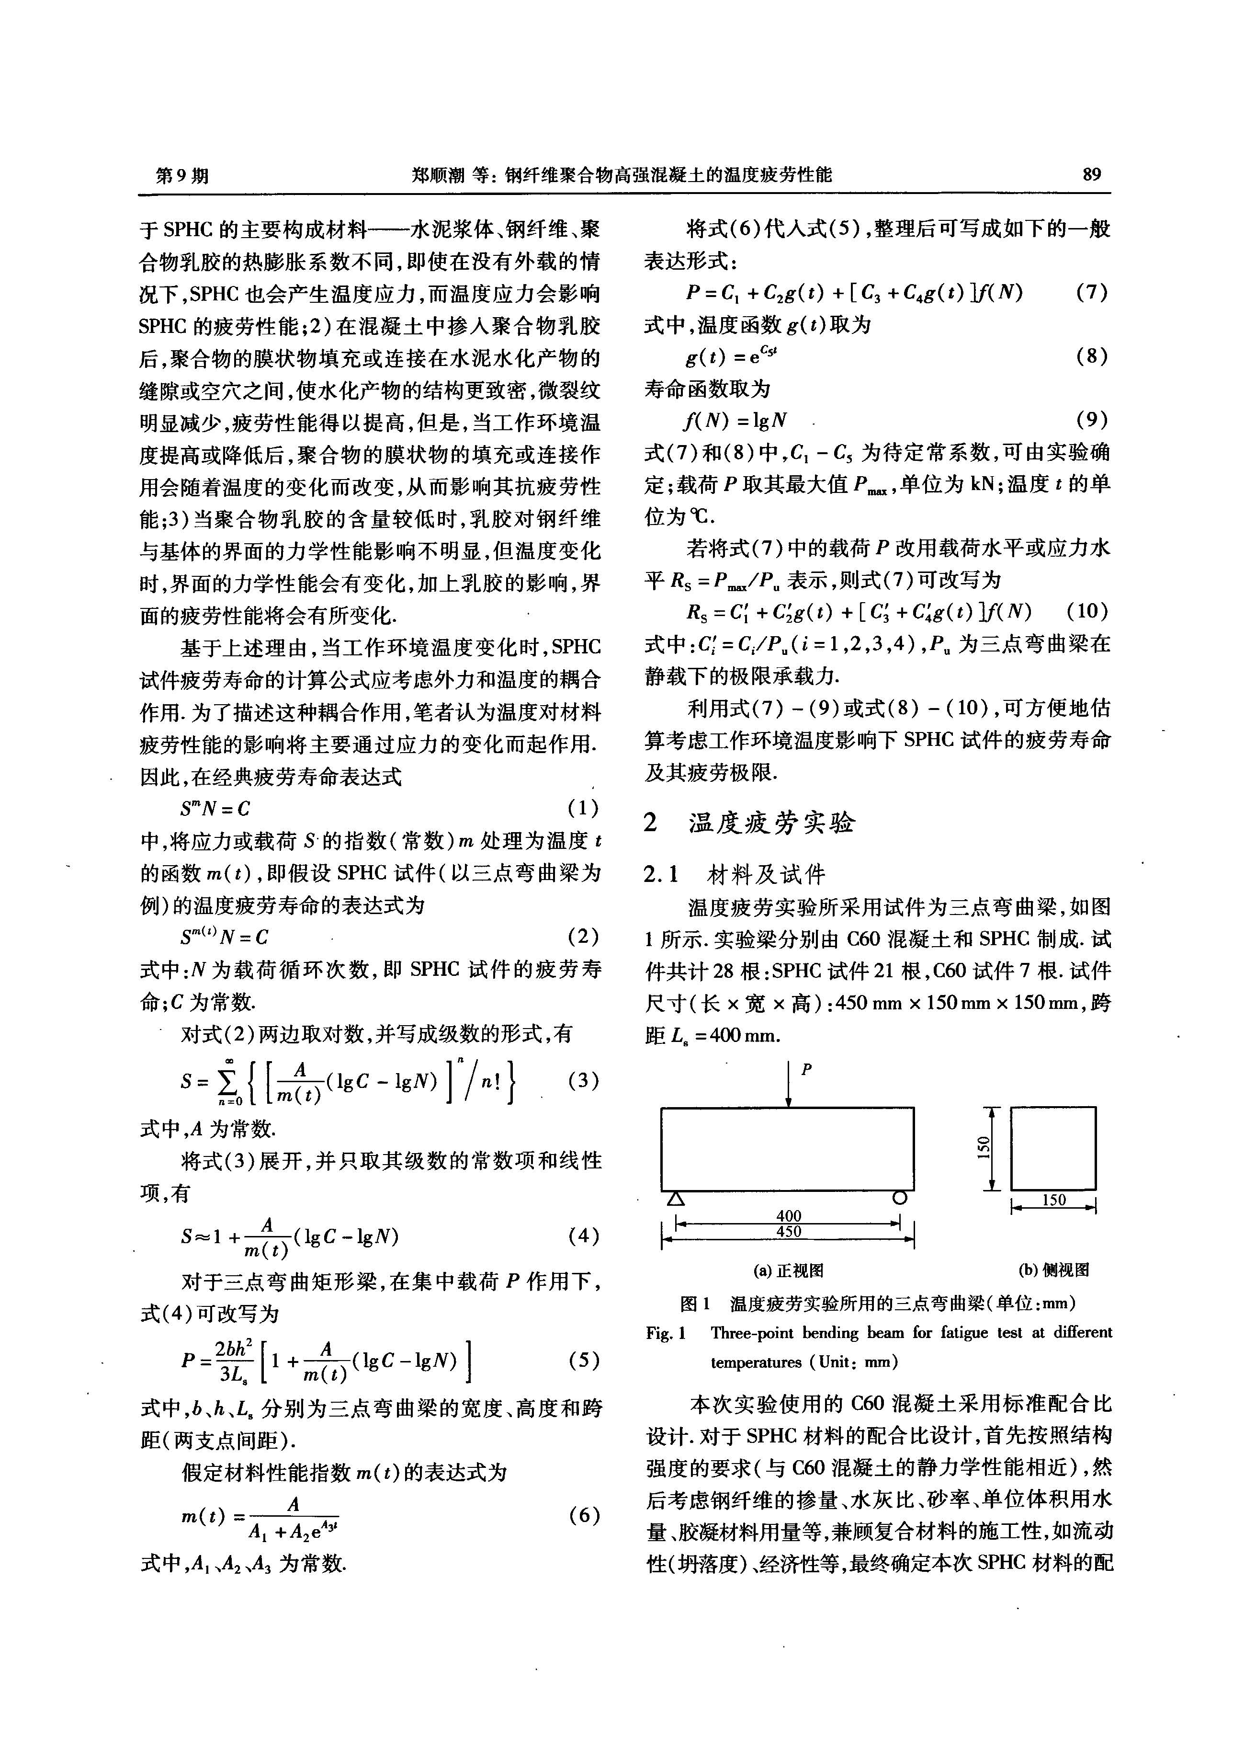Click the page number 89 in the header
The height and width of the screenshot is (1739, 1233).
coord(1091,175)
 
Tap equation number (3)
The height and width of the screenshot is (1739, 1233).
coord(583,1080)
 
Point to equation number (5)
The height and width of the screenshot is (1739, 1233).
coord(583,1360)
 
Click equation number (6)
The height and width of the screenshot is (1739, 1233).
coord(583,1515)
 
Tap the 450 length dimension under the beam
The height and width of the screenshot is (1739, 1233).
coord(788,1232)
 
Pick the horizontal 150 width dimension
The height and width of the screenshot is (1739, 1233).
coord(1054,1201)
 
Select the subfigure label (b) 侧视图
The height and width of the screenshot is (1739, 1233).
coord(1054,1270)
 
